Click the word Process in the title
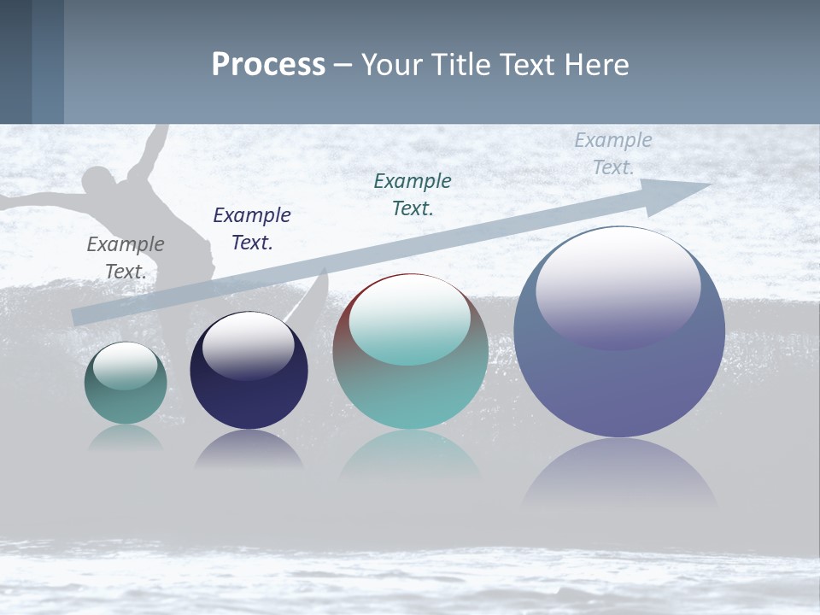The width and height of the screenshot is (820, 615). point(268,65)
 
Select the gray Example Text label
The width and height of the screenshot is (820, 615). point(126,258)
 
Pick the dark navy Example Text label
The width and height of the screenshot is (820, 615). point(252,229)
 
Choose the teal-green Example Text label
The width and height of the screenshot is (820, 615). point(413,195)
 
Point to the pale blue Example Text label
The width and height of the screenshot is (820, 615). point(612,154)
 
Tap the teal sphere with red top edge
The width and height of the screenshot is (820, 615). point(410,384)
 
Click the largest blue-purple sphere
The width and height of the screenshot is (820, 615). point(619,384)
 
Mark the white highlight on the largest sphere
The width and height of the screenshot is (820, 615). point(618,282)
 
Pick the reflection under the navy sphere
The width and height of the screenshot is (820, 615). point(249,449)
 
